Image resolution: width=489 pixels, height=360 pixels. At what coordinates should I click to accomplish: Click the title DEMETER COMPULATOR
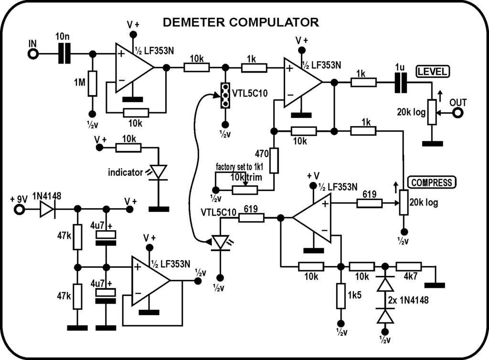tap(241, 22)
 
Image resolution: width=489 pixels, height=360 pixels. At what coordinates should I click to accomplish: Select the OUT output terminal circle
tap(458, 113)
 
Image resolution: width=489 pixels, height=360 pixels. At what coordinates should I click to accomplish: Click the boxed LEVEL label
tap(432, 72)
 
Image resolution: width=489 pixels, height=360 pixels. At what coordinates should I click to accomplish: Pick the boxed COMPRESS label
tap(432, 182)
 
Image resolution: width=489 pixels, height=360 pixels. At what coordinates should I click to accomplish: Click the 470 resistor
tap(274, 160)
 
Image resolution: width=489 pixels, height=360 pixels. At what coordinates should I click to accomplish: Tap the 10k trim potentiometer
tap(245, 190)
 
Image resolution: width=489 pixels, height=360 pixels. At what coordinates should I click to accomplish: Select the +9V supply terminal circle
tap(20, 209)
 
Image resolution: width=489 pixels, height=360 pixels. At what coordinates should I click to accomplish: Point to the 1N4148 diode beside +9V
tap(47, 209)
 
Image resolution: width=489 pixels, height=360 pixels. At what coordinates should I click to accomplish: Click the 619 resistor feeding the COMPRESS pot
tap(370, 203)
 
